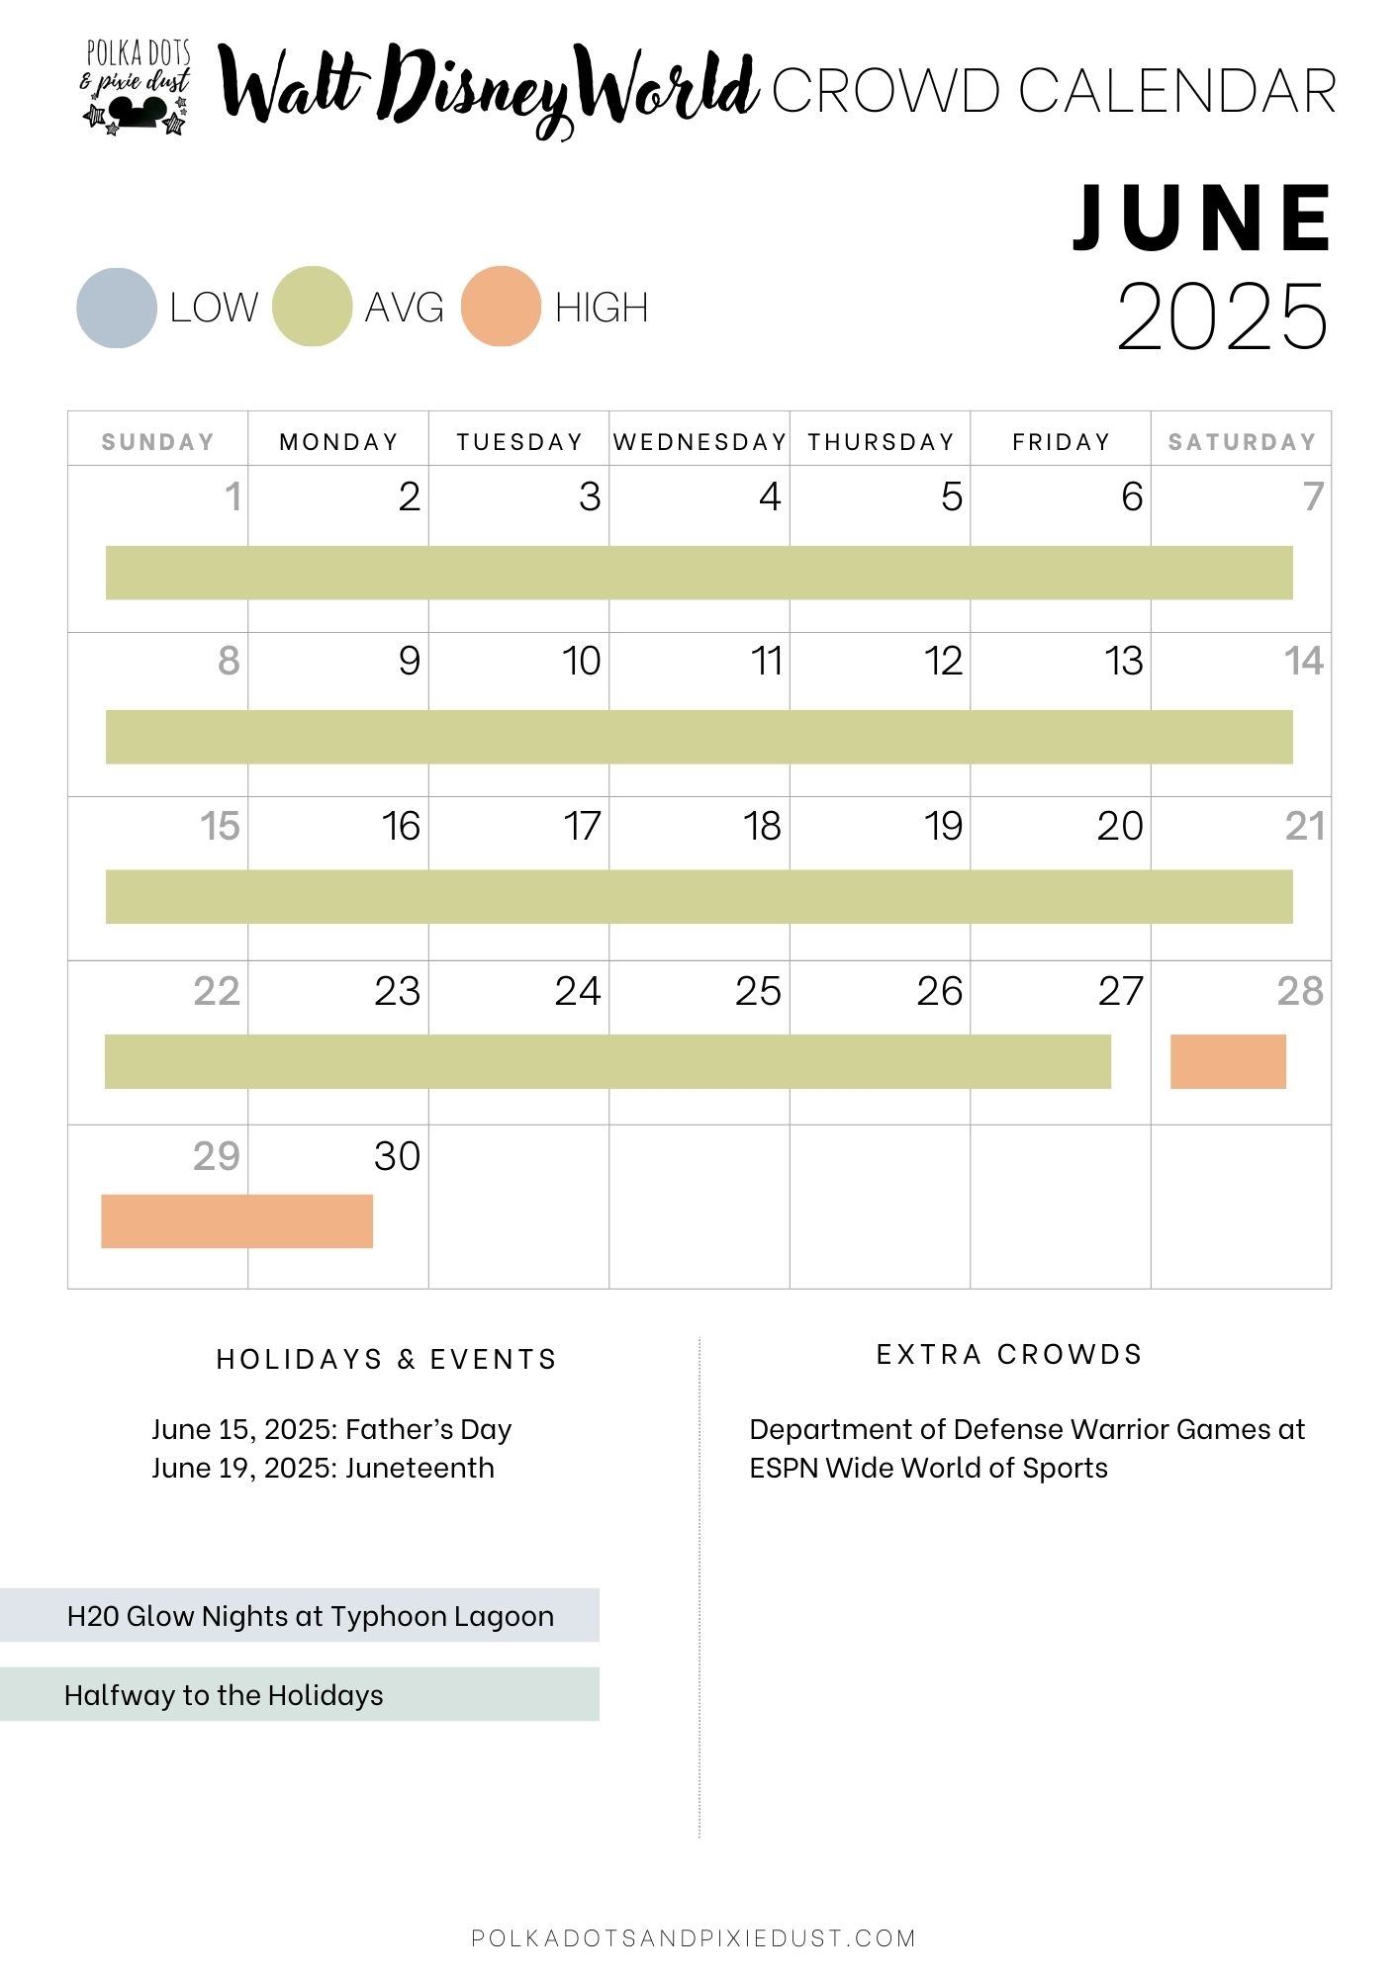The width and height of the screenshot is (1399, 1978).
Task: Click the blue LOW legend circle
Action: [x=117, y=308]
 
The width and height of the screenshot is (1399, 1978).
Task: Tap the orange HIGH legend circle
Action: [x=501, y=307]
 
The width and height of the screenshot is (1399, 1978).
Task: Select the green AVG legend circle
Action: [x=312, y=307]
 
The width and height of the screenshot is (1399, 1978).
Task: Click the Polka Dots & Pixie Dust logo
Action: [x=137, y=86]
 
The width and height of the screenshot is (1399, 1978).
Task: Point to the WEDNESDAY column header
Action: [x=699, y=441]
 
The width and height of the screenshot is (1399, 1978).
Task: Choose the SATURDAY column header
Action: [x=1242, y=441]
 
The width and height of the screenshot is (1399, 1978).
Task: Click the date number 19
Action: [x=943, y=826]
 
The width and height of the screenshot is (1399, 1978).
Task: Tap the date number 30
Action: [x=397, y=1155]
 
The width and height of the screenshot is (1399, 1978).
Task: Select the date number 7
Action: [x=1313, y=496]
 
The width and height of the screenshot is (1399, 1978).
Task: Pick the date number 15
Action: [x=220, y=826]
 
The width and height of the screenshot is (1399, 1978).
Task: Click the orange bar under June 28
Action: [x=1228, y=1061]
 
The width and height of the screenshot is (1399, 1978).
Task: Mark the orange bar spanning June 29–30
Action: [x=236, y=1220]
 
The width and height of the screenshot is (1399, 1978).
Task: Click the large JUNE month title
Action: [x=1204, y=219]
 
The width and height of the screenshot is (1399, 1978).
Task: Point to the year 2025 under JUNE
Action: [x=1223, y=317]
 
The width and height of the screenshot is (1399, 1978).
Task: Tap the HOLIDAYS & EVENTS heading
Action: [x=386, y=1359]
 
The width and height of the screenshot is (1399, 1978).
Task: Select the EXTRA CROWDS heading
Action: [x=1009, y=1354]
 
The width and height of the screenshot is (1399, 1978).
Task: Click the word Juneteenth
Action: [x=420, y=1468]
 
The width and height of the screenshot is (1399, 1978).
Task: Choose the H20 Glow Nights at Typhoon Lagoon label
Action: [x=310, y=1616]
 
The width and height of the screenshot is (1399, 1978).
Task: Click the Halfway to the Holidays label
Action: [x=224, y=1695]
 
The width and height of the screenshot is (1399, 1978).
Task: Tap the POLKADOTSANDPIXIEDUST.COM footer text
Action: [x=694, y=1937]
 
